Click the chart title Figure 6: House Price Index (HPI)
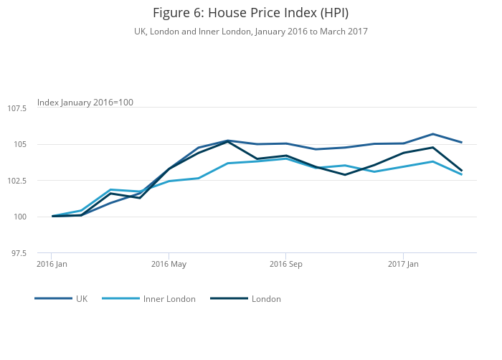click(x=250, y=13)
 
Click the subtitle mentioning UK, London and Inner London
click(x=250, y=32)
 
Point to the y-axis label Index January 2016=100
click(x=85, y=103)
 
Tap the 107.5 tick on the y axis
click(x=17, y=108)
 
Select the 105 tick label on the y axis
click(x=20, y=144)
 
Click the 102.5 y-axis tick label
click(x=17, y=181)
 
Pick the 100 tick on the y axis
click(x=20, y=217)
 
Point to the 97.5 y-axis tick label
click(x=19, y=253)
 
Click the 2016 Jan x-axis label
click(x=52, y=264)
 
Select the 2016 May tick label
click(x=169, y=264)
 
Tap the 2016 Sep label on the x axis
click(x=286, y=264)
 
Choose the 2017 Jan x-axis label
click(x=403, y=264)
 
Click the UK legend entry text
click(x=82, y=299)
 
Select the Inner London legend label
click(x=169, y=299)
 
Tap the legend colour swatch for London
click(x=229, y=298)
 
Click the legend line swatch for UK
click(x=53, y=298)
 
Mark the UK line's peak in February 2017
click(x=432, y=134)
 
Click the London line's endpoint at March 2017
click(x=462, y=171)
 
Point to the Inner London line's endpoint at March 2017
click(x=462, y=174)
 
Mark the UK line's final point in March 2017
click(x=462, y=142)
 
